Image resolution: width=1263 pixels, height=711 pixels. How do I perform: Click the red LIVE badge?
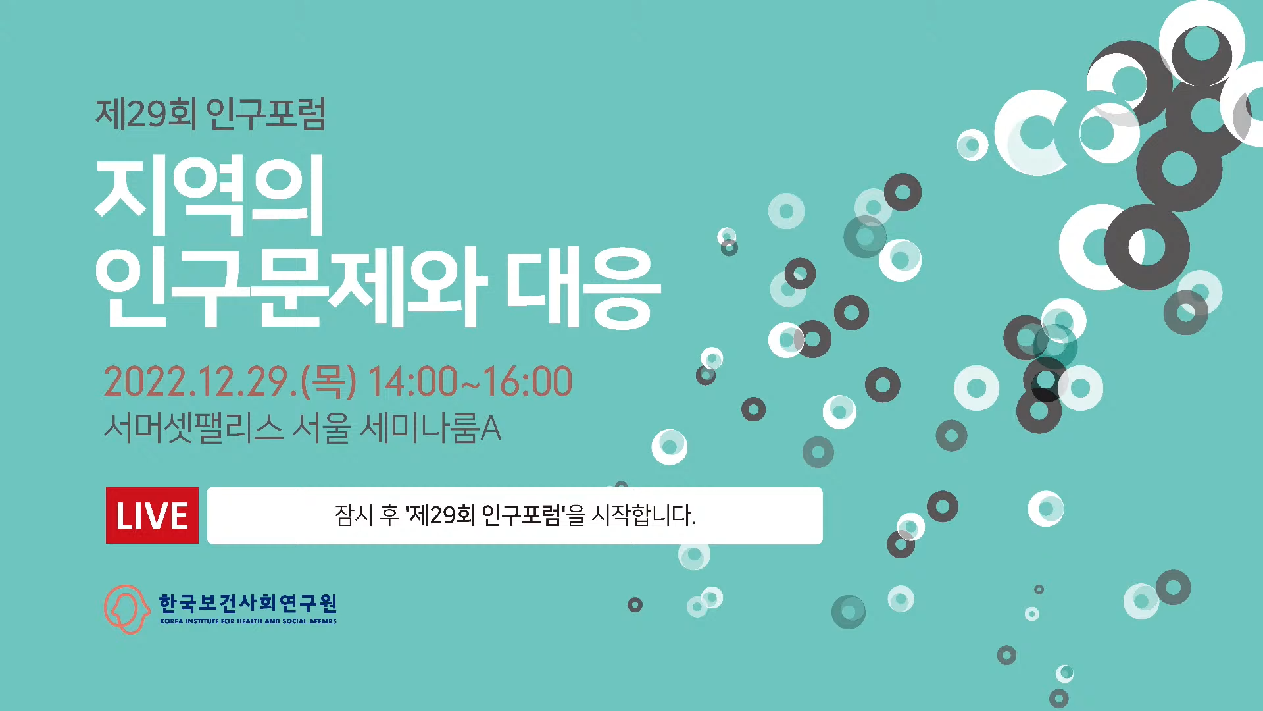[152, 515]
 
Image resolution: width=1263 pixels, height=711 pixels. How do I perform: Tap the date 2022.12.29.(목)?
[230, 382]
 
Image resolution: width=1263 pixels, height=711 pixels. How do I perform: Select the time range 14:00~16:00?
[470, 382]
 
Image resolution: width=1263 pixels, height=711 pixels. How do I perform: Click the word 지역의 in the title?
[210, 195]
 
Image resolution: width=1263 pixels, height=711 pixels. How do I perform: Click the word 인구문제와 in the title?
[291, 287]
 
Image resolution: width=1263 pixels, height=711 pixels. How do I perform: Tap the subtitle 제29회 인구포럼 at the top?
[210, 114]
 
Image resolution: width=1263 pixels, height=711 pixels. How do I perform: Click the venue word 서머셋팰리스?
[193, 428]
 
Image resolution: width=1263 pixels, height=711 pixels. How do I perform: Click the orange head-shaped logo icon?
[126, 609]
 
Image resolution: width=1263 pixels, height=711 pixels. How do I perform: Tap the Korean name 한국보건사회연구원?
[248, 603]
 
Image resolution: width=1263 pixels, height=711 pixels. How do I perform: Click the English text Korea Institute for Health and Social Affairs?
[248, 621]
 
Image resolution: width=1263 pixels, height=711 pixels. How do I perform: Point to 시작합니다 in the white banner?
[643, 515]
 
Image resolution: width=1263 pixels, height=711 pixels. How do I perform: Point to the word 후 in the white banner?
[389, 515]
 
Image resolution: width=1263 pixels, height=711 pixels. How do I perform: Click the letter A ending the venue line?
[491, 429]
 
